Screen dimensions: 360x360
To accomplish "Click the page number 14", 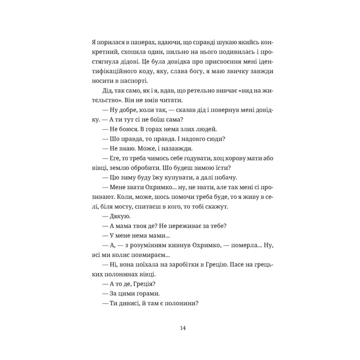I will [x=182, y=328].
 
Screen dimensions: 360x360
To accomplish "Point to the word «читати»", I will [x=185, y=106].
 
